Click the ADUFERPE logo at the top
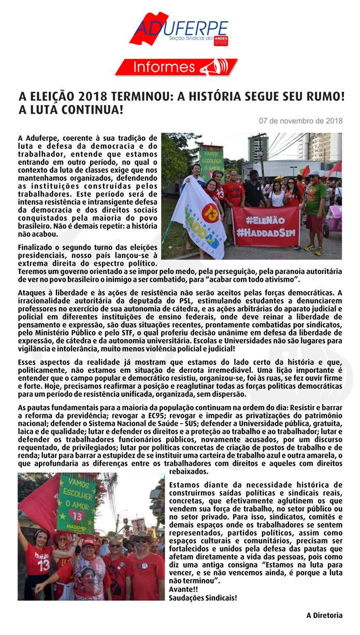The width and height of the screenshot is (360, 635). pos(179,29)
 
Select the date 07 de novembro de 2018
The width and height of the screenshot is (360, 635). pos(300,121)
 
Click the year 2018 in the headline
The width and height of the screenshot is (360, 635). pos(98,97)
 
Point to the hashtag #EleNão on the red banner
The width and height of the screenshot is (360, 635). pos(265,220)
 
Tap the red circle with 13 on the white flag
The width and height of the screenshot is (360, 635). pos(210,213)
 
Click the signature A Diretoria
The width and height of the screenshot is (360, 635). pos(324,616)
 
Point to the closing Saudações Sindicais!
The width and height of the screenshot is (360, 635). pos(203,598)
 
